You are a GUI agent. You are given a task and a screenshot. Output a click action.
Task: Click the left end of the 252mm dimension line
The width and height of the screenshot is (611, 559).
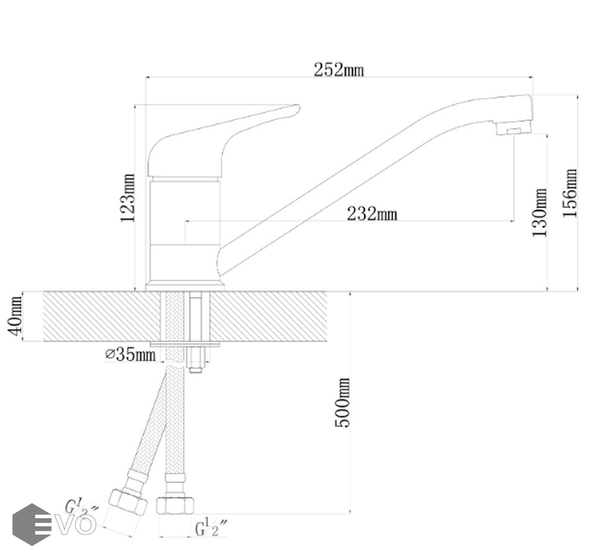tap(146, 77)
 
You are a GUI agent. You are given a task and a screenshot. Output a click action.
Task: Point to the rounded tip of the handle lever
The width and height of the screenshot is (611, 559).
tap(297, 108)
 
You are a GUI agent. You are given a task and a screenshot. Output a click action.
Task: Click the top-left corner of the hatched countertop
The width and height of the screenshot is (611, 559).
tap(43, 291)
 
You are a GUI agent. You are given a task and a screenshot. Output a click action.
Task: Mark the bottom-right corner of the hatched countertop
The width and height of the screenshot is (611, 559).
tap(327, 341)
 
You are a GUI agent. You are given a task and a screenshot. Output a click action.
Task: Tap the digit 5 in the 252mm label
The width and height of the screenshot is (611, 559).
tap(329, 71)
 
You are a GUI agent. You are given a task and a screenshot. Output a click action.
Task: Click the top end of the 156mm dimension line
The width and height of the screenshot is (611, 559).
tap(577, 95)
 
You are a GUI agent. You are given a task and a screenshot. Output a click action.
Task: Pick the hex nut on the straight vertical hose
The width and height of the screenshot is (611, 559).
tap(175, 506)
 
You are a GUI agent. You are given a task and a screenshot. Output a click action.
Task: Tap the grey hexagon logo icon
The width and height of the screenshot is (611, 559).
tap(32, 524)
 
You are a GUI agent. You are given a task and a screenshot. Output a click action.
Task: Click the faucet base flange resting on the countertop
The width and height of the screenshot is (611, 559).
tap(185, 286)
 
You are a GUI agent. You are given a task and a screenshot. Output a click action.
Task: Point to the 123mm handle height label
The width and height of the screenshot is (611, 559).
tap(127, 198)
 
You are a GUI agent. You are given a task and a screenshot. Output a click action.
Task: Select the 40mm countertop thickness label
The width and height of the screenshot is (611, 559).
tap(15, 316)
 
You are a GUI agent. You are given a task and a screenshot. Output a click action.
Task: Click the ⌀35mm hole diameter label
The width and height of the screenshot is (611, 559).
tap(131, 355)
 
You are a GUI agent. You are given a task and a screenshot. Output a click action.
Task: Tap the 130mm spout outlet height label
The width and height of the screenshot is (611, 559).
tap(540, 212)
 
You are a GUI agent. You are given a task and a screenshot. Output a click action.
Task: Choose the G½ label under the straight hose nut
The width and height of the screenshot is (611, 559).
tap(211, 528)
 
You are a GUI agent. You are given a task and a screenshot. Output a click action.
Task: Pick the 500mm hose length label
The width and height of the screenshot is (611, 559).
tap(343, 402)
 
